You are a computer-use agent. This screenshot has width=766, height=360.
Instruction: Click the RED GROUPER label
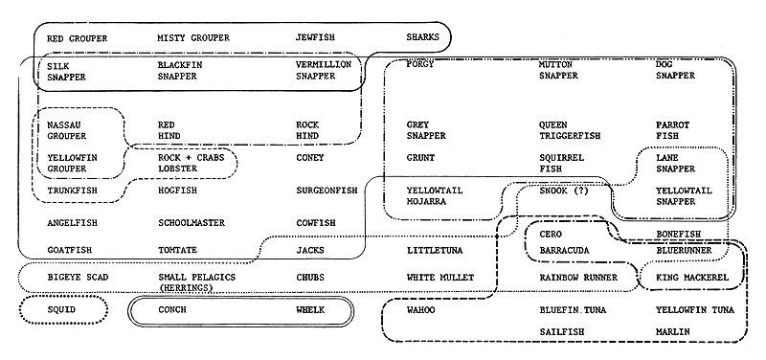(x=77, y=38)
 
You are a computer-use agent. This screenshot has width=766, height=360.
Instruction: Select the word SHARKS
(x=423, y=38)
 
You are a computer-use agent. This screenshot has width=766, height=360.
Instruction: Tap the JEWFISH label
(x=316, y=38)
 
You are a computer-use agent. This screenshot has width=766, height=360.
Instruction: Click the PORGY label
(x=420, y=64)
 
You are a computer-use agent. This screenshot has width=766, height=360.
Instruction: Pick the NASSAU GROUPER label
(x=65, y=130)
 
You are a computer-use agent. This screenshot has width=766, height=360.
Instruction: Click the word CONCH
(x=172, y=310)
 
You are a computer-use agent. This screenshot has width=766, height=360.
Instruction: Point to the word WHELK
(x=311, y=310)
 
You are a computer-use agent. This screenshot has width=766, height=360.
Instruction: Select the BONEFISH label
(x=679, y=234)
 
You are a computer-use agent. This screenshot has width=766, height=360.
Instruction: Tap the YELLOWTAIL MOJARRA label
(x=435, y=196)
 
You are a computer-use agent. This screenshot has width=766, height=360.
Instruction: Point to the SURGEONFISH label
(x=327, y=191)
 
